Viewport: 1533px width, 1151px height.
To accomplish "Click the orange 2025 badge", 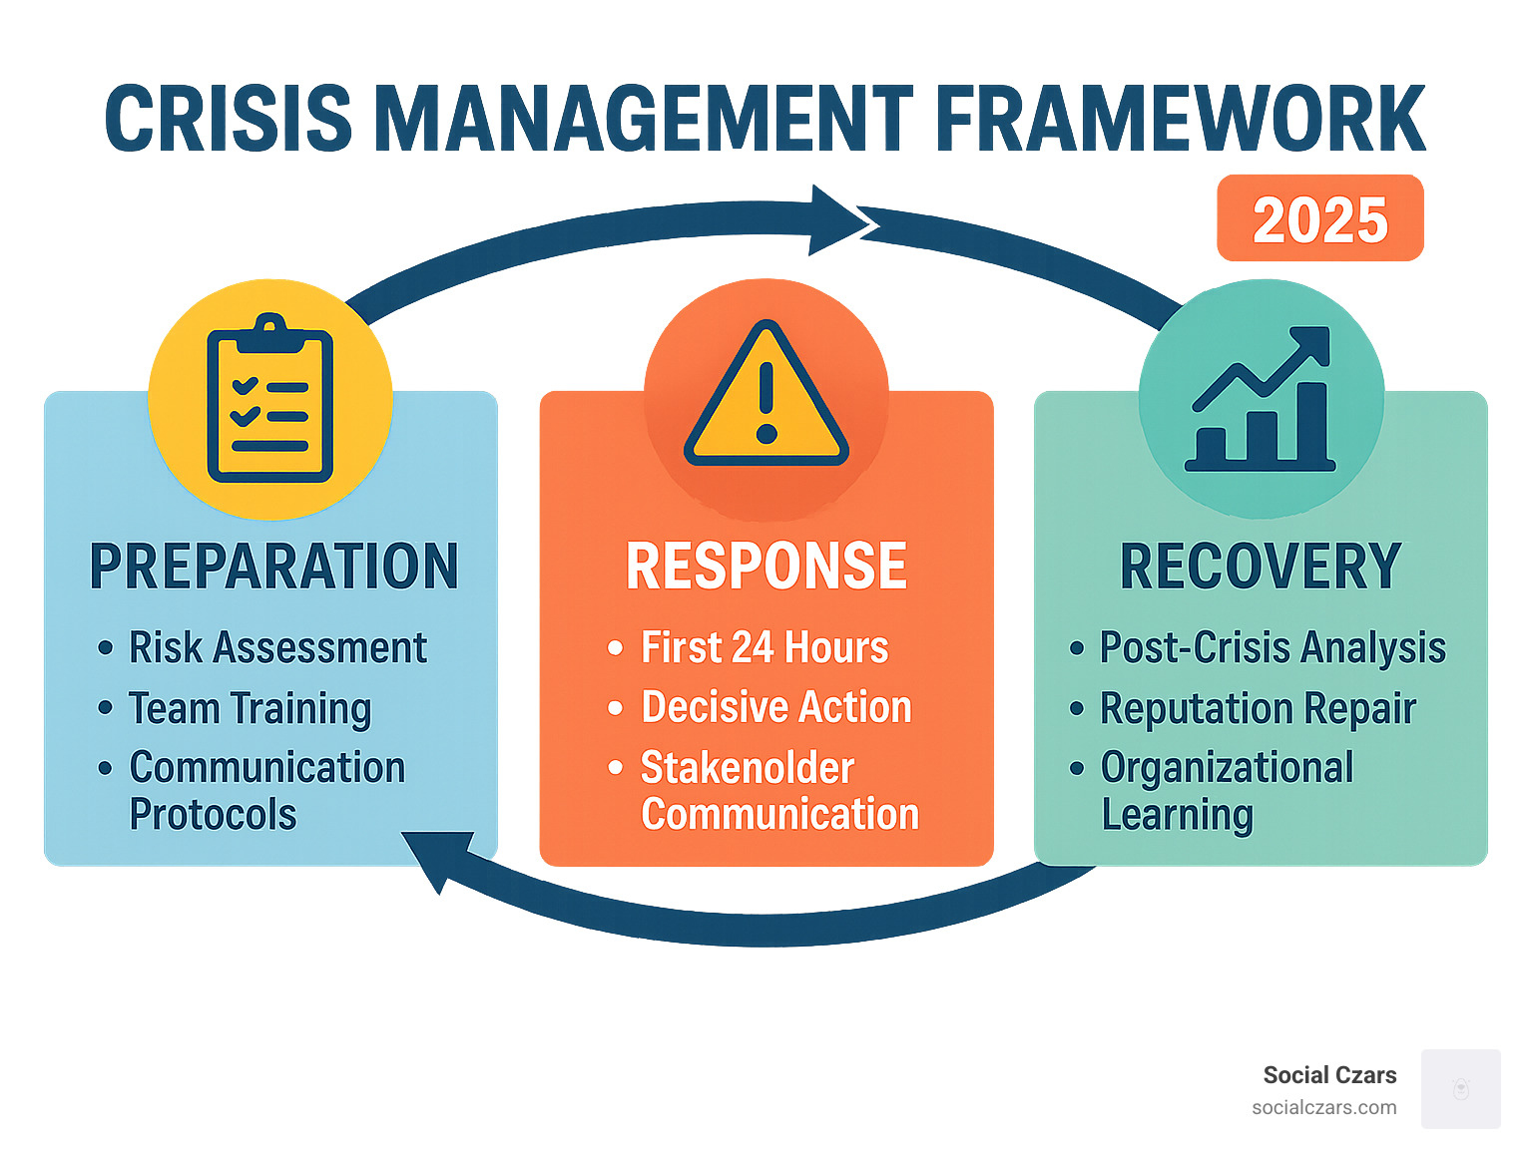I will (1319, 219).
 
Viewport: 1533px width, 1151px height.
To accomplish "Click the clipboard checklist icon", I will (269, 399).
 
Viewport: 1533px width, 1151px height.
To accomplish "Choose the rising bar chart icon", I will (1261, 399).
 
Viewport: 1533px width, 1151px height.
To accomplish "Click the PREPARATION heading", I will (273, 567).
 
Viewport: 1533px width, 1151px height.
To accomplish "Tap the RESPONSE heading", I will (766, 567).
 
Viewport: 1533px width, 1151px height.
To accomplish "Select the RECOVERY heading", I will (1261, 567).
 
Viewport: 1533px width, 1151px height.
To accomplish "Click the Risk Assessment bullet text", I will (277, 648).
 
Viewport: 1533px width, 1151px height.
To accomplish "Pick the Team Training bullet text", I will (250, 709).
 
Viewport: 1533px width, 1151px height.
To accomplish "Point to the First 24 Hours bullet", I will (764, 648).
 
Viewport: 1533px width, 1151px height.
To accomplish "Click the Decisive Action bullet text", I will (775, 708).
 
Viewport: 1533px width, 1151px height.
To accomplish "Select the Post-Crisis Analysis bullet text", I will (1272, 648).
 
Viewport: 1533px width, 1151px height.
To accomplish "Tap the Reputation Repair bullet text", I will (1258, 709).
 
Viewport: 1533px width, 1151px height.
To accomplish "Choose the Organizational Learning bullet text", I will (1226, 791).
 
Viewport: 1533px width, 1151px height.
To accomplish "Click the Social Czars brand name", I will (1329, 1075).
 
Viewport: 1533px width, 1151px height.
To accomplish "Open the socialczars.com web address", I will (1323, 1107).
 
